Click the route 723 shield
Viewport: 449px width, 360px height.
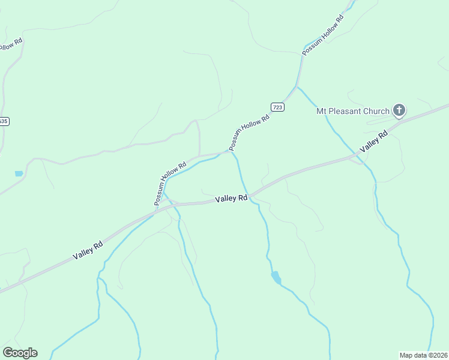[x=277, y=107]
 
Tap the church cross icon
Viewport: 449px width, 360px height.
[x=399, y=110]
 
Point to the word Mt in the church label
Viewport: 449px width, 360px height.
[x=322, y=111]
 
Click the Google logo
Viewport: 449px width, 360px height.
[x=20, y=353]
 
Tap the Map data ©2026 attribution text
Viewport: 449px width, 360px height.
[x=423, y=355]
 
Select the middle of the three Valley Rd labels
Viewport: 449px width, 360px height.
[x=231, y=198]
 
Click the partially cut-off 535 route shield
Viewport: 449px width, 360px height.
[x=4, y=121]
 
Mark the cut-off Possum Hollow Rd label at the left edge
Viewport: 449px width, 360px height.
[x=11, y=45]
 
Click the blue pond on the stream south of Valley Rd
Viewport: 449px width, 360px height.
[x=276, y=277]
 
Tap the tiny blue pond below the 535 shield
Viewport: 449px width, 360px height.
[x=19, y=173]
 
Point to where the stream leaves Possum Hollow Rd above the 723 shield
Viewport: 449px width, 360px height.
[x=297, y=87]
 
